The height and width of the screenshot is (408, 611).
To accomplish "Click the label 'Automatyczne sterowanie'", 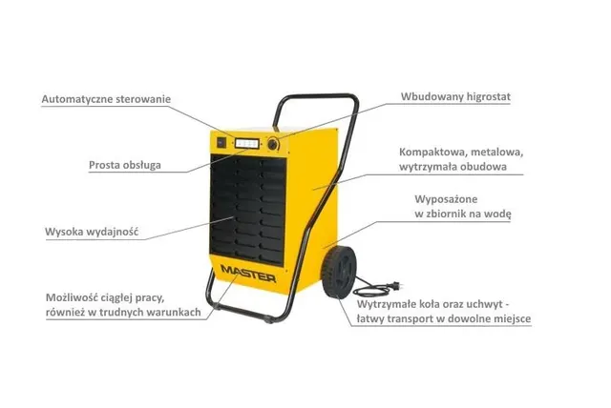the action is [106, 99].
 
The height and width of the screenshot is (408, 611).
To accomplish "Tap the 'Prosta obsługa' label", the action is [125, 165].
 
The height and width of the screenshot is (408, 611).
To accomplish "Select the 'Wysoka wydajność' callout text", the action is [92, 232].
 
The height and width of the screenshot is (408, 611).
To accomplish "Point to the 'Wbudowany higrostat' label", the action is [455, 97].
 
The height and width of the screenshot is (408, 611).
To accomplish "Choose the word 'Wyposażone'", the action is [446, 199].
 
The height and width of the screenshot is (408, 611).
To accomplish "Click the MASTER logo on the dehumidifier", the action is [248, 273].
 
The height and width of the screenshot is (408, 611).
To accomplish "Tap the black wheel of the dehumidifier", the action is [339, 273].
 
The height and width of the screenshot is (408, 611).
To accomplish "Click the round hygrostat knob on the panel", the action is [273, 145].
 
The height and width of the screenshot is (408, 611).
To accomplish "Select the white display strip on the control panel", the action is [247, 143].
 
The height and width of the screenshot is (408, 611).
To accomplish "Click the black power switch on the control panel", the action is [221, 142].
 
